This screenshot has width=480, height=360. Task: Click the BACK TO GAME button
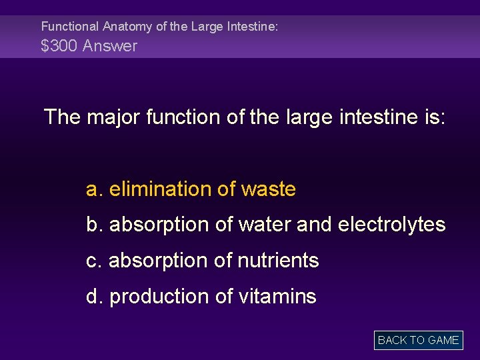[x=418, y=340]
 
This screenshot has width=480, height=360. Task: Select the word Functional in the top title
[x=69, y=27]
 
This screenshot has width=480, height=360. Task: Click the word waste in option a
[x=268, y=189]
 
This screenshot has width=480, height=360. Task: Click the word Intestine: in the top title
[x=253, y=27]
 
